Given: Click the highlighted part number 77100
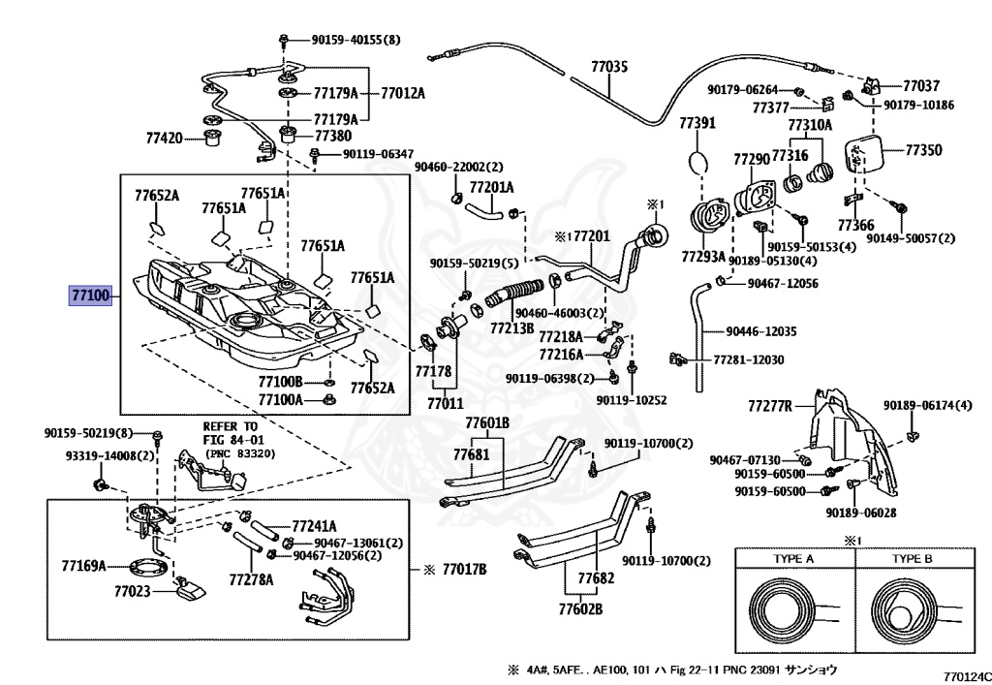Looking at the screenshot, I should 90,294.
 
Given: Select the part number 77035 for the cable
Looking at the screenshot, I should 609,67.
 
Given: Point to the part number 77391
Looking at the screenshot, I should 697,123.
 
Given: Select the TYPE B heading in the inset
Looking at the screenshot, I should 912,559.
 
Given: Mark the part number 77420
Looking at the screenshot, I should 165,139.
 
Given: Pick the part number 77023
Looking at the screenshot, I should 133,589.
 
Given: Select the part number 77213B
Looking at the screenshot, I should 511,327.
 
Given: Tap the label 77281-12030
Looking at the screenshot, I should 748,359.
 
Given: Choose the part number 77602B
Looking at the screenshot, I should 580,609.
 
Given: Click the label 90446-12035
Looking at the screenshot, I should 761,331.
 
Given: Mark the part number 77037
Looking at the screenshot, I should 920,86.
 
